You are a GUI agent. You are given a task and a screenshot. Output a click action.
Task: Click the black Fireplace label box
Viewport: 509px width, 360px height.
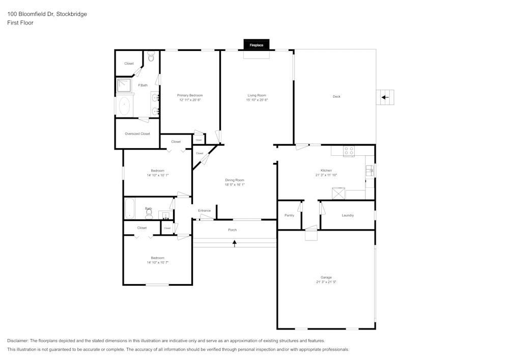tap(256, 45)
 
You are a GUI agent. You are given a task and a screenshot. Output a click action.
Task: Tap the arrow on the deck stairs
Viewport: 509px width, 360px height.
tap(385, 97)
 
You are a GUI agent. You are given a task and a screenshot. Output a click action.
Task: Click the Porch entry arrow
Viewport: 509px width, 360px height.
tap(235, 243)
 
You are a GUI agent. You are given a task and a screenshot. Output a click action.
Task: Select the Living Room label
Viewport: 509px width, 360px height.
tap(257, 95)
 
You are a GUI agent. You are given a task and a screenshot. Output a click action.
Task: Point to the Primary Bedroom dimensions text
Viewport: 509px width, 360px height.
tap(190, 100)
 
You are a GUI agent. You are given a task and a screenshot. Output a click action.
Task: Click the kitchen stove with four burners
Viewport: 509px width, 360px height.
tap(349, 151)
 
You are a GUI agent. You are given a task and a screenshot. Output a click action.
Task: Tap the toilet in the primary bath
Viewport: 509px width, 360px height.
tap(151, 58)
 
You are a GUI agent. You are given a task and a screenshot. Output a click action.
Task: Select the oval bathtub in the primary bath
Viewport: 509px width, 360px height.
tap(124, 106)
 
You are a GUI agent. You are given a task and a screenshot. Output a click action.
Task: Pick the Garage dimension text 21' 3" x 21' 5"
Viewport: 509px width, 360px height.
tap(326, 282)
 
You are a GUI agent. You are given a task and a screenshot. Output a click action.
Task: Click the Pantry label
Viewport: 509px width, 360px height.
tap(289, 215)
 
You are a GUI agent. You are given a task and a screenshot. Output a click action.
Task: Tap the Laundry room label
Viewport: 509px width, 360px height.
tap(348, 215)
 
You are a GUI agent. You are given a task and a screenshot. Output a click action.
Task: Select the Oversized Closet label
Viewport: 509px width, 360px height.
tap(137, 134)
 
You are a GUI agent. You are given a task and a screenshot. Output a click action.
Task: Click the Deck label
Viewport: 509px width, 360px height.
tap(336, 96)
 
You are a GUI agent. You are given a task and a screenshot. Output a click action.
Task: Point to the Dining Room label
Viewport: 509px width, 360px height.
tap(235, 180)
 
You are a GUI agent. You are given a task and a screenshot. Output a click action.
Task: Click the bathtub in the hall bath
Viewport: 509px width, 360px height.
tap(130, 208)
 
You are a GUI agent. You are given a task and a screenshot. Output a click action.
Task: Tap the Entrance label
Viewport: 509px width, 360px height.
tap(204, 210)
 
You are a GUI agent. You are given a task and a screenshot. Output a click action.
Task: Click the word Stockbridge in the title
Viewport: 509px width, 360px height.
tap(71, 14)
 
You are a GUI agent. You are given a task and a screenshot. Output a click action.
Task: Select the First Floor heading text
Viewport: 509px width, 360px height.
tap(20, 23)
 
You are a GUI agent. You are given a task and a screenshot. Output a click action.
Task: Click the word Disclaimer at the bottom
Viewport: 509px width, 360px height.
tap(18, 341)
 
